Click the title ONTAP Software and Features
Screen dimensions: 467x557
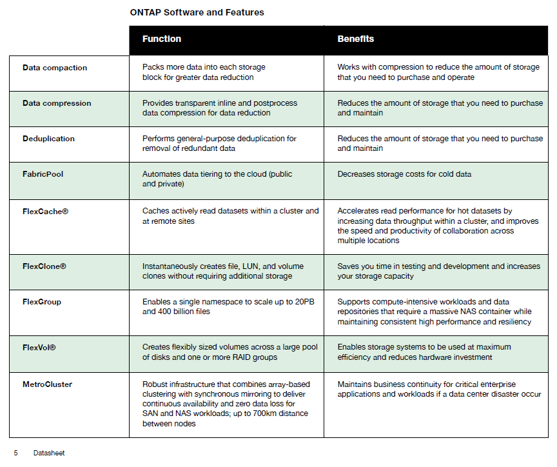pos(197,12)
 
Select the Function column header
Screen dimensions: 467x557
pos(162,39)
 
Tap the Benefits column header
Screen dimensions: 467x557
pos(355,39)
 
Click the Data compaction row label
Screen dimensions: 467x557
pos(55,68)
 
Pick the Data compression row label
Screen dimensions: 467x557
pos(57,103)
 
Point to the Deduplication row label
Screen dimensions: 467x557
pos(48,139)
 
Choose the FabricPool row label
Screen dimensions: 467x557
pos(44,174)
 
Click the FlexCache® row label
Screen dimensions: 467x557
pos(45,211)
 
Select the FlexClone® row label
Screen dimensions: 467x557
pos(44,266)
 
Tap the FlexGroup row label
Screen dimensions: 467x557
pos(42,302)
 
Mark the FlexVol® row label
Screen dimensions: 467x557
pos(39,348)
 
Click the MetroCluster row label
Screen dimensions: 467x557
pos(47,384)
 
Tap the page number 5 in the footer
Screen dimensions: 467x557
pos(15,453)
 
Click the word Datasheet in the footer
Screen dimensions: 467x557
pos(49,453)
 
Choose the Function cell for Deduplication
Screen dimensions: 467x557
pos(219,143)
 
